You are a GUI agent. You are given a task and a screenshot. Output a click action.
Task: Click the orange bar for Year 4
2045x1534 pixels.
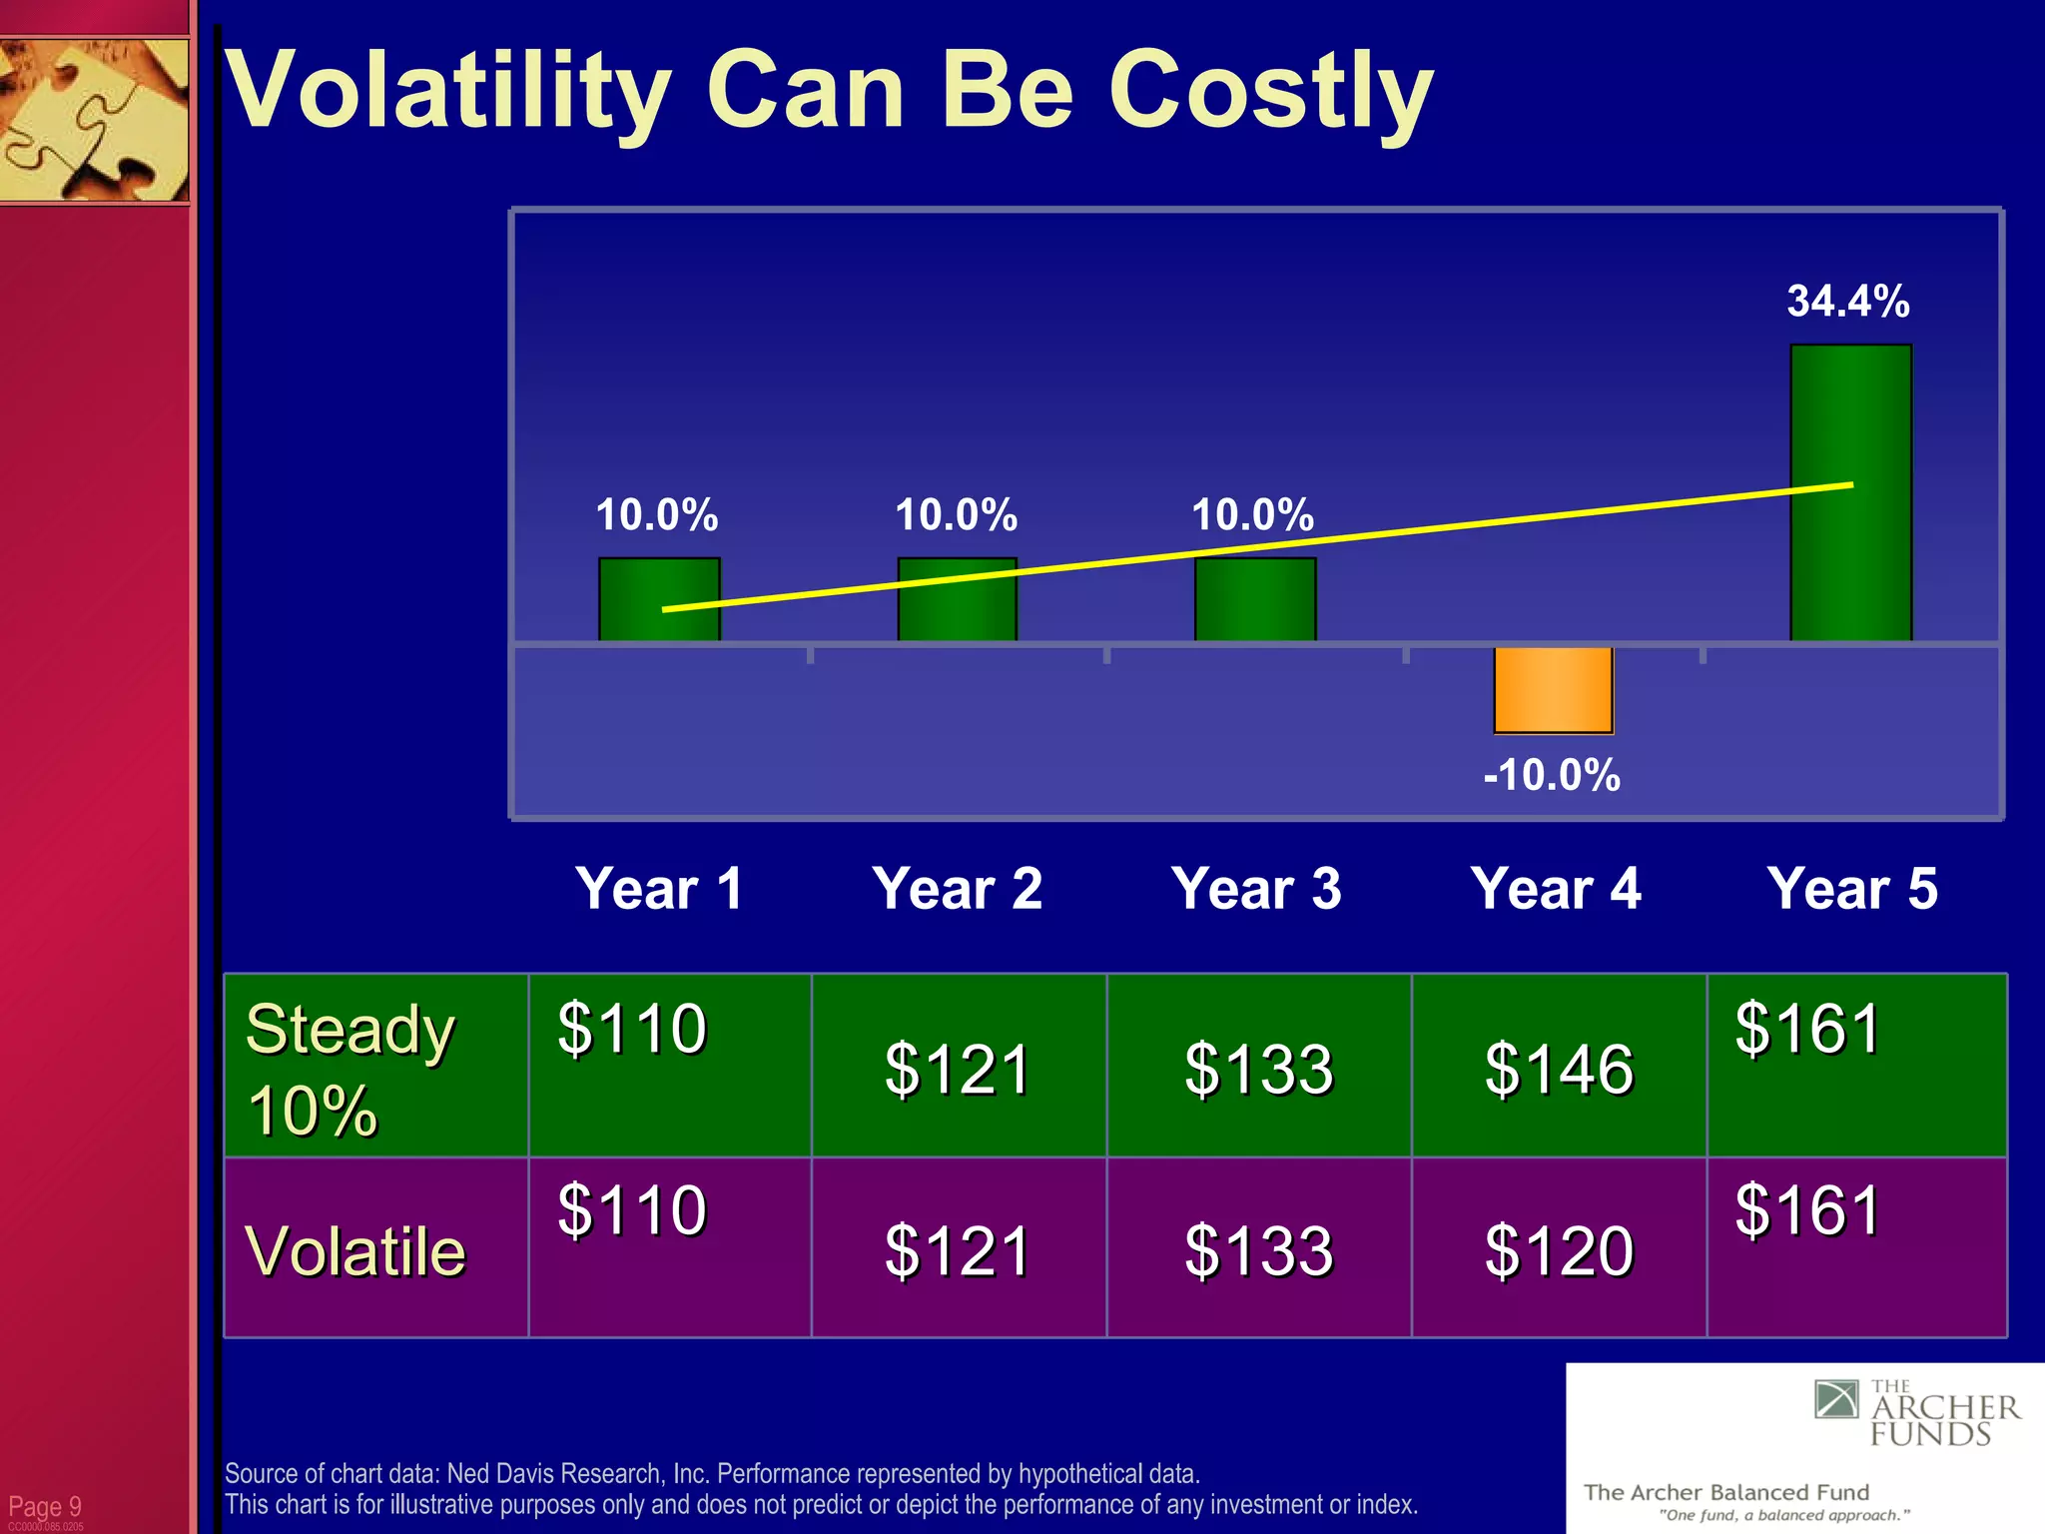tap(1553, 689)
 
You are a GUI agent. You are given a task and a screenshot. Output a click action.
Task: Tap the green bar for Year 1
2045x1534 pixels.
tap(659, 598)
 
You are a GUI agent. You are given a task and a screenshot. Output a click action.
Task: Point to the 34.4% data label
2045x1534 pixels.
tap(1848, 301)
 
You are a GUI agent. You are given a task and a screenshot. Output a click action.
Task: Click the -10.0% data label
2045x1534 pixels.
tap(1552, 775)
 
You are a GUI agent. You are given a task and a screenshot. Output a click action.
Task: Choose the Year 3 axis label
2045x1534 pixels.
tap(1256, 888)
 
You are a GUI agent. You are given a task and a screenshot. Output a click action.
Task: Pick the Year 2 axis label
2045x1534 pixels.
tap(958, 888)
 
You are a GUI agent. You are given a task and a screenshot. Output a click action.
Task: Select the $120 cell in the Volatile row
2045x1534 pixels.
tap(1559, 1250)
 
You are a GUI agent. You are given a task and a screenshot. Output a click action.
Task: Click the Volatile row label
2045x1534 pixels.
tap(355, 1250)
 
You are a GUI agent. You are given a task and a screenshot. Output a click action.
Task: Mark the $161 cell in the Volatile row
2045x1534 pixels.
tap(1808, 1209)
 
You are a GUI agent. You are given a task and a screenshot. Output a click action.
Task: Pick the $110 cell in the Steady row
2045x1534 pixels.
tap(632, 1028)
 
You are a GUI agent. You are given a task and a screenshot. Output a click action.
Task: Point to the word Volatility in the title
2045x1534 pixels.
tap(449, 92)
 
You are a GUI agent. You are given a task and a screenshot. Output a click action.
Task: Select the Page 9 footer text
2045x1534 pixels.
tap(45, 1506)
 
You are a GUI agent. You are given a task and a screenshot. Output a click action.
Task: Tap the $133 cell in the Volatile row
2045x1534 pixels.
tap(1258, 1250)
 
